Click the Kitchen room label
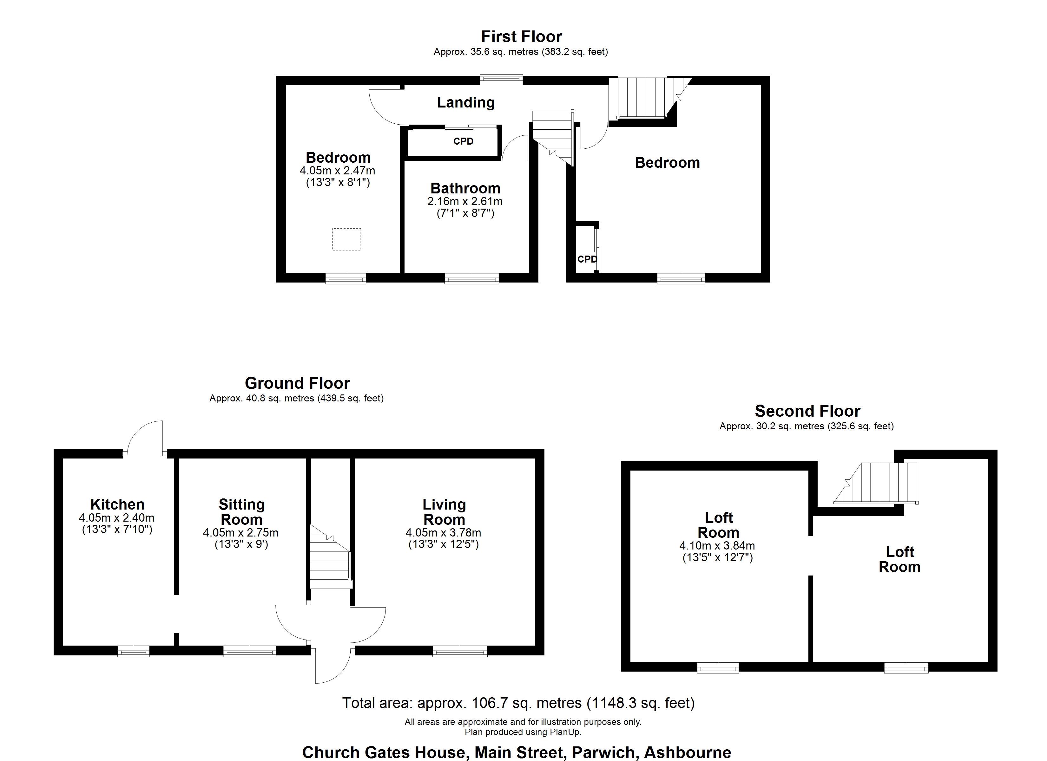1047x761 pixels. (117, 504)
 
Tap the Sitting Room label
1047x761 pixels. (241, 512)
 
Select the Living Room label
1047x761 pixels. (444, 512)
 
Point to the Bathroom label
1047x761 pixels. (465, 188)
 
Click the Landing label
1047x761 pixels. (466, 102)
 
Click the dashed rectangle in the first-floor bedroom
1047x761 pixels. (347, 239)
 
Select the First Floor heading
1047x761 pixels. (522, 36)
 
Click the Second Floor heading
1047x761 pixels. (807, 411)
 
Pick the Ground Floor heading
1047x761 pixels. (297, 383)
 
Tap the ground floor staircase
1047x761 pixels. (330, 556)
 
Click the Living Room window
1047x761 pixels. (460, 651)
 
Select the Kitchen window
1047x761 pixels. (134, 651)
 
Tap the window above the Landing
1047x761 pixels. (501, 80)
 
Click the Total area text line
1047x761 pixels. (518, 703)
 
